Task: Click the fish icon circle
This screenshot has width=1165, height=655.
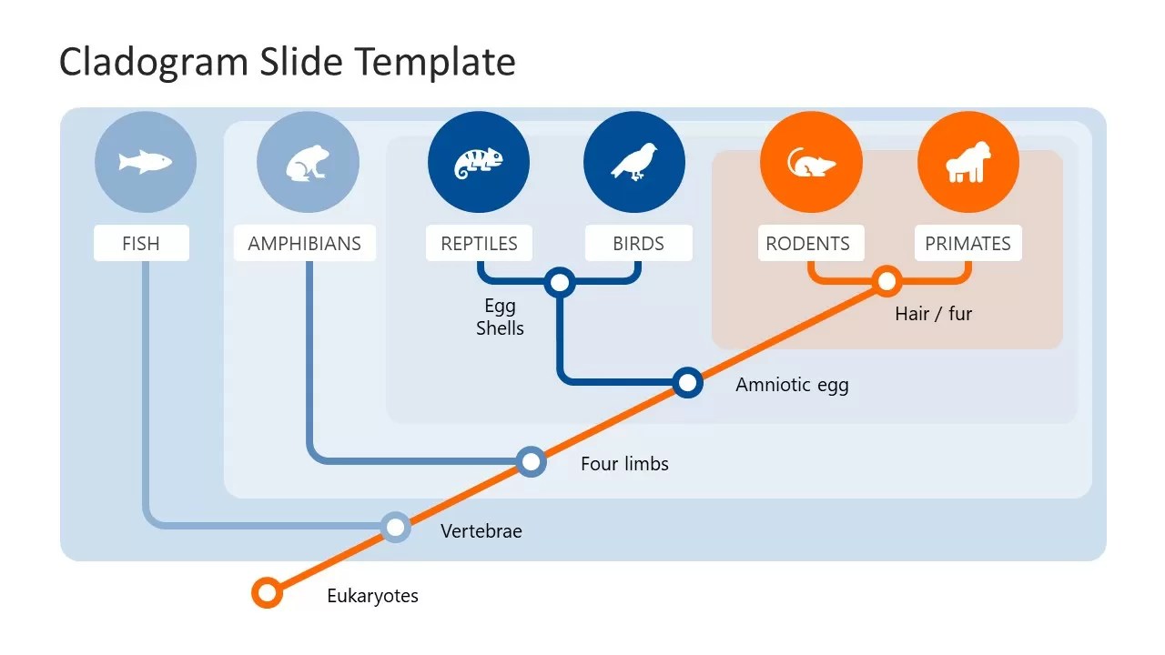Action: click(146, 163)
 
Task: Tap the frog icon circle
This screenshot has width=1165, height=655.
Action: click(309, 163)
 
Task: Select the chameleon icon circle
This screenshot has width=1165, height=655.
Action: click(479, 163)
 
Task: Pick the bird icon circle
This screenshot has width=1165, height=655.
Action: click(634, 163)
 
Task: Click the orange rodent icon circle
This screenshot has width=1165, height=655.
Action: click(811, 163)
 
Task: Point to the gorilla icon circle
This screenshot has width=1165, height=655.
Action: click(968, 163)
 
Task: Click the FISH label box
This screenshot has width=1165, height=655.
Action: click(141, 244)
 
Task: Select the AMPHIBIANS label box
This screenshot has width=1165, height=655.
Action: click(305, 244)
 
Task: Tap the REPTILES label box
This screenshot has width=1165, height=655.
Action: click(479, 244)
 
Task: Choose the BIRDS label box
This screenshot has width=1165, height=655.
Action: click(638, 244)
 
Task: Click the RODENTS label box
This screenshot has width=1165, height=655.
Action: click(808, 244)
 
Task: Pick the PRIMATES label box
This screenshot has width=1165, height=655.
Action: click(967, 244)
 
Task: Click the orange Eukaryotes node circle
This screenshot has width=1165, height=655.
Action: click(267, 593)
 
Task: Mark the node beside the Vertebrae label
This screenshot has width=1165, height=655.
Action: click(395, 528)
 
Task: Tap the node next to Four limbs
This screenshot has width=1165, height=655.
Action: click(531, 461)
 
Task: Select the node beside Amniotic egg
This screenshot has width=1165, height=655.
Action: click(688, 383)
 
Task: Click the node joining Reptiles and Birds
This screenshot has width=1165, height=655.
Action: click(560, 283)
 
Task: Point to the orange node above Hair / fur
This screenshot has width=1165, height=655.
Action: click(886, 281)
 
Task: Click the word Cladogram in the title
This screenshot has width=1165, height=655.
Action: click(147, 62)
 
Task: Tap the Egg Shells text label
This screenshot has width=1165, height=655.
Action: click(500, 317)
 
